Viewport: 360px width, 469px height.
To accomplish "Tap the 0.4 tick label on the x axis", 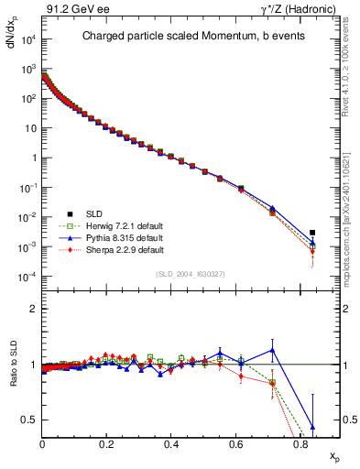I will [x=171, y=442].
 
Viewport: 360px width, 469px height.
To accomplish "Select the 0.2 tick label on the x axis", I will [x=107, y=442].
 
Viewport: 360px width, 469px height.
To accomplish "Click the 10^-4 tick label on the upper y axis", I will [x=27, y=277].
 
